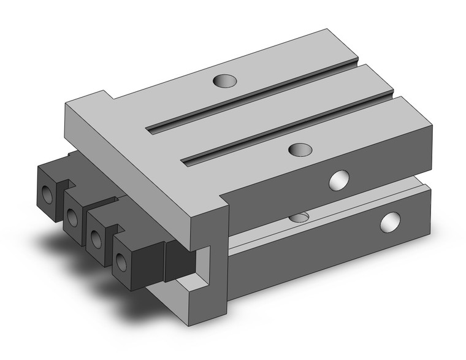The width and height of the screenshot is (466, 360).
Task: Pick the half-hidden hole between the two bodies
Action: point(299,217)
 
